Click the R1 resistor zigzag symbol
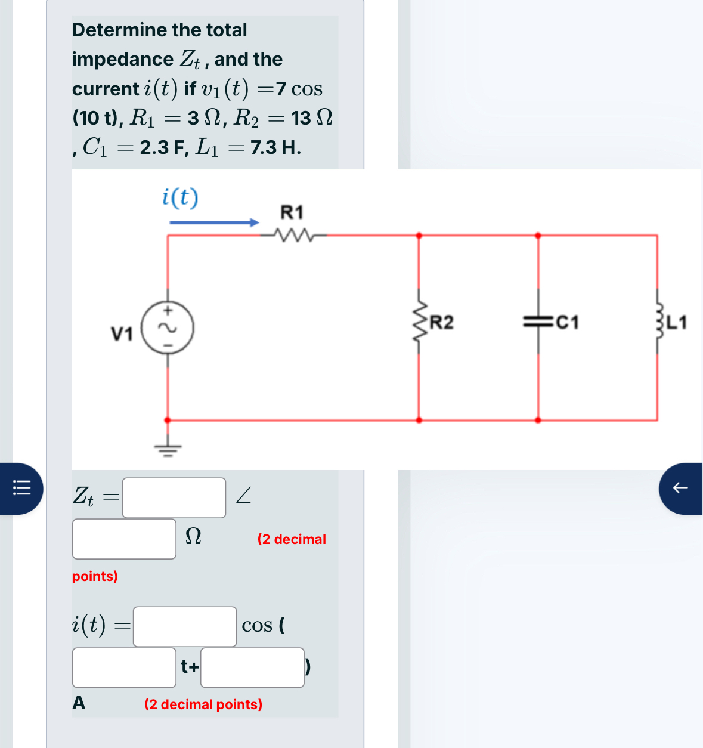point(293,236)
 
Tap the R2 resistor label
point(441,323)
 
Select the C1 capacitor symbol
point(538,322)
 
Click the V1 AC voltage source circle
point(168,328)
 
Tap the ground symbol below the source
point(168,449)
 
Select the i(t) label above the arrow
point(180,197)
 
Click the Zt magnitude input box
point(174,497)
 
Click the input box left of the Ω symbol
point(124,539)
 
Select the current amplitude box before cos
point(185,626)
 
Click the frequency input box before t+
point(124,667)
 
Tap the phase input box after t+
point(252,667)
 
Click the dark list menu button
point(22,488)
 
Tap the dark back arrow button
point(680,488)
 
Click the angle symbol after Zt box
point(243,495)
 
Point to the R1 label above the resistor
point(292,212)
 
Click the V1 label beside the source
point(122,334)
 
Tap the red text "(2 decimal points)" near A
point(203,704)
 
